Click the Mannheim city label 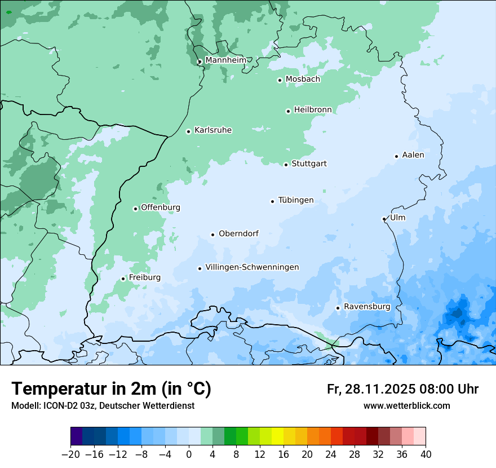pyautogui.click(x=225, y=60)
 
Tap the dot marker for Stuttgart pyautogui.click(x=286, y=165)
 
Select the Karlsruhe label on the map pyautogui.click(x=213, y=130)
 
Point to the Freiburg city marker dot pyautogui.click(x=123, y=279)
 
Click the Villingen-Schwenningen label pyautogui.click(x=252, y=267)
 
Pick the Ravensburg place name pyautogui.click(x=367, y=307)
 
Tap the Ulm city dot pyautogui.click(x=384, y=219)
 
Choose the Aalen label pyautogui.click(x=413, y=155)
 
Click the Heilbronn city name pyautogui.click(x=313, y=110)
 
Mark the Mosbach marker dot pyautogui.click(x=280, y=80)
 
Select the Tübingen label pyautogui.click(x=296, y=200)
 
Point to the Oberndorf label pyautogui.click(x=238, y=233)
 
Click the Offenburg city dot pyautogui.click(x=135, y=209)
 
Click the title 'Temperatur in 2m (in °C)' pyautogui.click(x=111, y=388)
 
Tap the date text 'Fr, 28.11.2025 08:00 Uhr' pyautogui.click(x=402, y=389)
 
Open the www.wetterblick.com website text pyautogui.click(x=406, y=405)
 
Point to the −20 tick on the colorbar pyautogui.click(x=71, y=454)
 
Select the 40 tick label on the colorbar pyautogui.click(x=426, y=454)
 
